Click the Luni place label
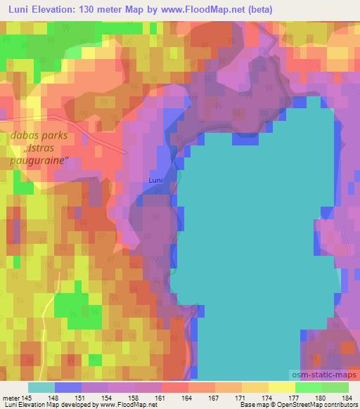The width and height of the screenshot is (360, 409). click(156, 181)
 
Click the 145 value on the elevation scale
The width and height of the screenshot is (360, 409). click(27, 398)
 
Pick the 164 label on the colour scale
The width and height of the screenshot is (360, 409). click(188, 398)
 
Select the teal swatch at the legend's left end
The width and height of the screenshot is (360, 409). click(41, 387)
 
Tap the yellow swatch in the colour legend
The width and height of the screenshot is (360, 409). click(281, 387)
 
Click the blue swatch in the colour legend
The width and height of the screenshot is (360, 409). click(68, 387)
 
